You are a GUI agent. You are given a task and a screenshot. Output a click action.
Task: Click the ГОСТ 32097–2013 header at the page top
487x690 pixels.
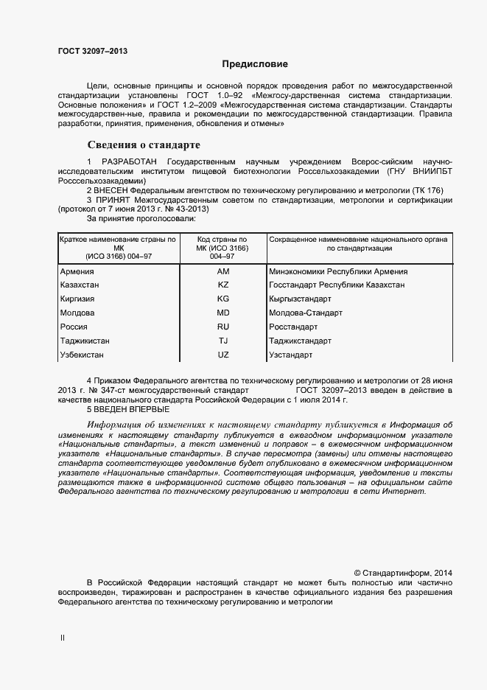[x=93, y=51]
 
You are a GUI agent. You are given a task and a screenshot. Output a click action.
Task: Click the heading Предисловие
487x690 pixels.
[x=255, y=65]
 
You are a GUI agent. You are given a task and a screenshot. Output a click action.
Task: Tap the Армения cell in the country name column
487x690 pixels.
[x=77, y=272]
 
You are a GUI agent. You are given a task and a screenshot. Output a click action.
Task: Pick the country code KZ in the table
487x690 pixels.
[x=223, y=285]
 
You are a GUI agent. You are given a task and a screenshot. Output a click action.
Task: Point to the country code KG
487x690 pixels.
[x=223, y=299]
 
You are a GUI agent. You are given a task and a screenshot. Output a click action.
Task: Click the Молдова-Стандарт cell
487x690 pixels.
[x=306, y=313]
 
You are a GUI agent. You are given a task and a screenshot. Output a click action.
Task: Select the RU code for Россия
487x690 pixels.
[x=223, y=327]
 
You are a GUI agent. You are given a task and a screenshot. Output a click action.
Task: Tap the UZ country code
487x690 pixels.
[x=223, y=355]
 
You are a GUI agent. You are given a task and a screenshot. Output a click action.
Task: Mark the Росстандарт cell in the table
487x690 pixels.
[x=294, y=327]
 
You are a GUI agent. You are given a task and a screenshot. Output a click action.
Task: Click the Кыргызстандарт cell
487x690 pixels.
[x=301, y=299]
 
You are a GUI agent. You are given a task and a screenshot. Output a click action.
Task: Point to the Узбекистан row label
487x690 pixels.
[x=83, y=355]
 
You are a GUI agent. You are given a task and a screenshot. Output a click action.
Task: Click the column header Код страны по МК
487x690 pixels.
[x=223, y=248]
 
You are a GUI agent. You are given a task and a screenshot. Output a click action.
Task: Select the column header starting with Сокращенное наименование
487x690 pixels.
[x=360, y=244]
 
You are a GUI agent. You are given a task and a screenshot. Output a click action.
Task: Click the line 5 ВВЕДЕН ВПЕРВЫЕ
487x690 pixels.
[x=128, y=409]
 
